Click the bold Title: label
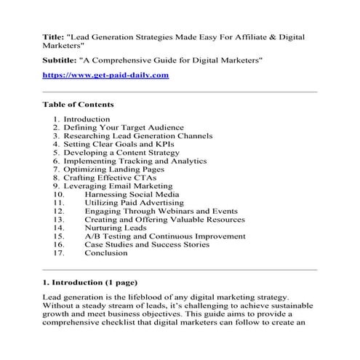pos(55,36)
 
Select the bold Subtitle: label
pos(61,59)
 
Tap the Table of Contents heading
pos(78,104)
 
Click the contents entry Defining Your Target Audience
pos(124,127)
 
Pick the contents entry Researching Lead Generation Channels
pos(137,135)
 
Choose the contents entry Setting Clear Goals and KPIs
pos(120,144)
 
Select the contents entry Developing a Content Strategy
pos(121,153)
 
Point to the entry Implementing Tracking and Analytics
pos(135,161)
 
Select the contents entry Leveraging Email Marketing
pos(118,186)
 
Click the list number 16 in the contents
pos(59,244)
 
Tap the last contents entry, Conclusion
pos(106,253)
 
